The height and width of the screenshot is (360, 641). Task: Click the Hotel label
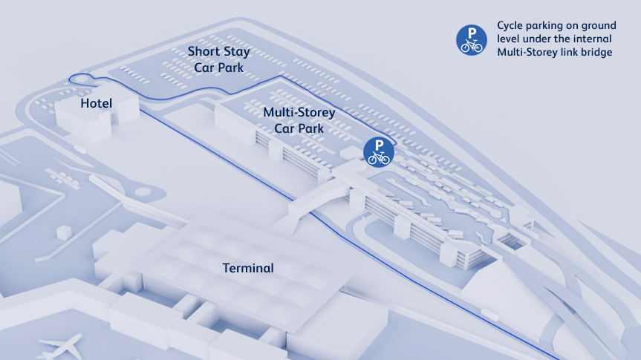coord(96,103)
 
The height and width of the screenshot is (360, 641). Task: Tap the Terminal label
coord(248,268)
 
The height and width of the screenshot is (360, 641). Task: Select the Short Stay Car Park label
coord(218,59)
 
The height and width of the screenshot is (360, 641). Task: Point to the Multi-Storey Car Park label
coord(299,120)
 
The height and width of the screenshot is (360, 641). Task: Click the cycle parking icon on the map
coord(379,152)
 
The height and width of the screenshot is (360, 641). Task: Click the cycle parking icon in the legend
coord(472,40)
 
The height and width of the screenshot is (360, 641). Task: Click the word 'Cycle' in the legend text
coord(510,26)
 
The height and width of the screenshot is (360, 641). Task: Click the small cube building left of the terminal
coord(64,232)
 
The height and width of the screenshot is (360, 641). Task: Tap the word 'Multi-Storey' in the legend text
coord(523,53)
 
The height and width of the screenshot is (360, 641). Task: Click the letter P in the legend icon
coord(472,32)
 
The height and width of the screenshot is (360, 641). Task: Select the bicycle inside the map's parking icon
coord(379,157)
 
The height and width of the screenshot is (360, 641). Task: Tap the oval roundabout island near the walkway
coord(143,192)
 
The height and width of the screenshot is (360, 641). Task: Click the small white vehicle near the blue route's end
coord(489,315)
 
